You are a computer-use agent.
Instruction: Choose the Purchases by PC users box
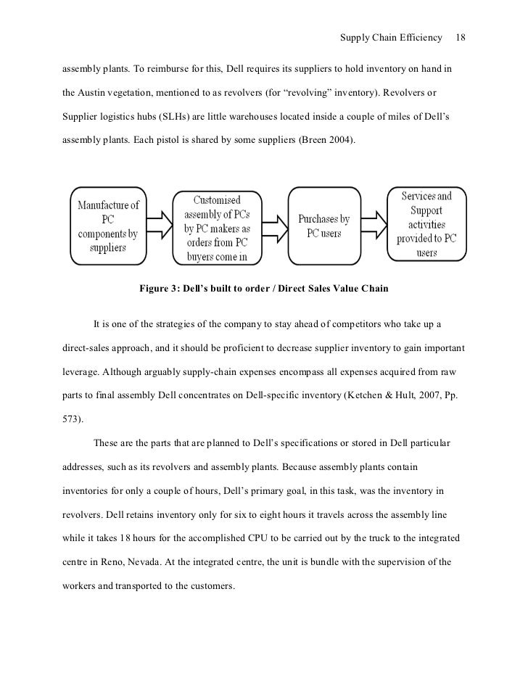point(323,226)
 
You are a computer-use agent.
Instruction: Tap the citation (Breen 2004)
point(326,138)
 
